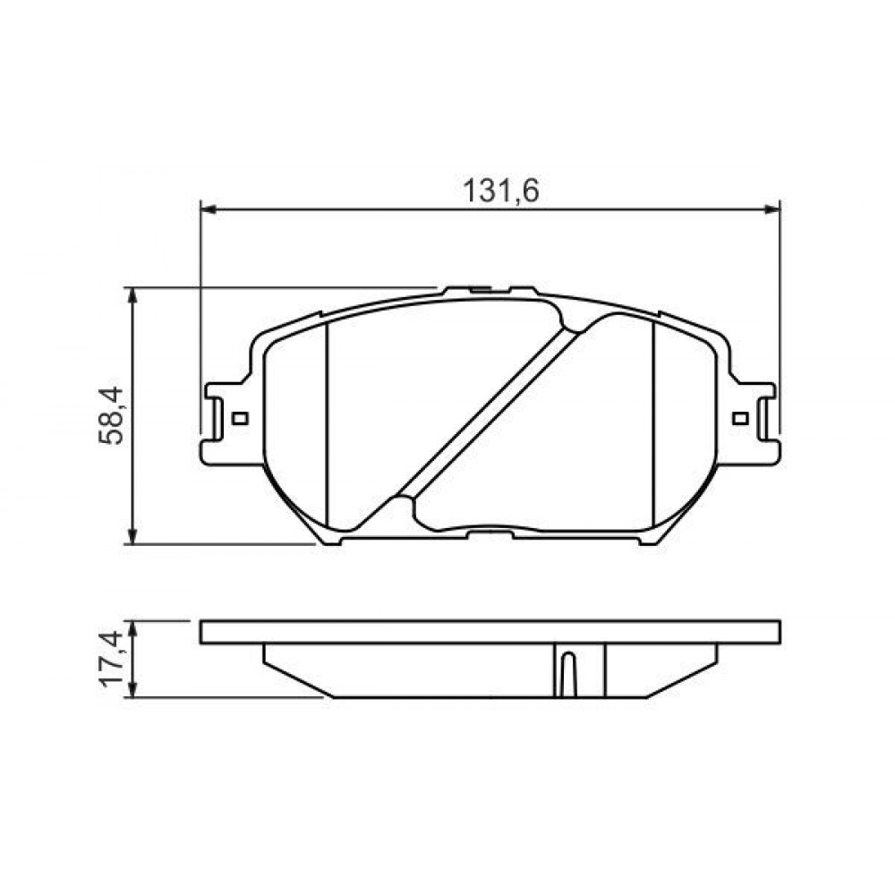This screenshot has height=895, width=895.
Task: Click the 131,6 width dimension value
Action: [x=500, y=191]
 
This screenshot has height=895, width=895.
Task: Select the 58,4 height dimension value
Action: [x=110, y=415]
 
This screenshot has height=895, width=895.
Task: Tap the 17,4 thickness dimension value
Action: [x=110, y=659]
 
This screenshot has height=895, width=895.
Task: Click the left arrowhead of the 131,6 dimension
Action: [x=208, y=210]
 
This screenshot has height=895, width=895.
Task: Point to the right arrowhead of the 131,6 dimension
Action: [x=773, y=210]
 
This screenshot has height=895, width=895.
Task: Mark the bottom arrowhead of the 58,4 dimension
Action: [x=132, y=537]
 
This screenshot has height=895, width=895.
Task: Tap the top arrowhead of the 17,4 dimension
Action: [x=132, y=628]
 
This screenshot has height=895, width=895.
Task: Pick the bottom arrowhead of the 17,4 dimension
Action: [x=132, y=690]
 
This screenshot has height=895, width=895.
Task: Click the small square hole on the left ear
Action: [x=241, y=418]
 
